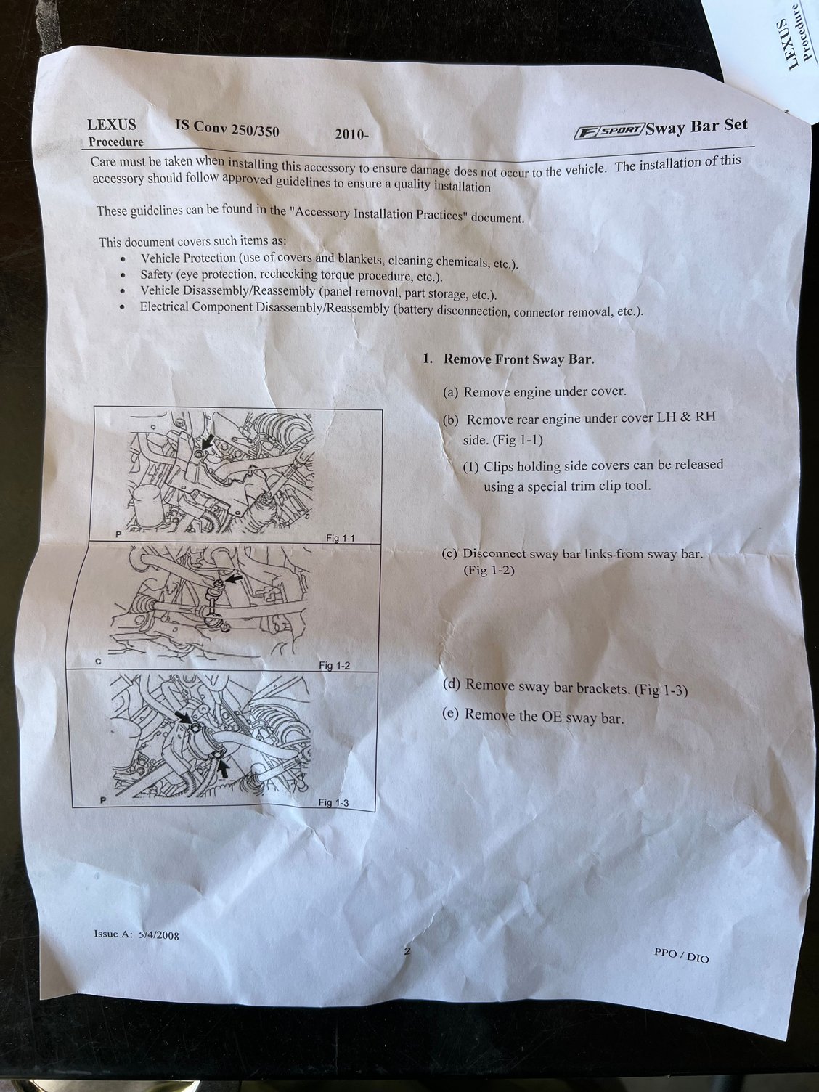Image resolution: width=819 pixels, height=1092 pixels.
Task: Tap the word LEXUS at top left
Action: click(111, 124)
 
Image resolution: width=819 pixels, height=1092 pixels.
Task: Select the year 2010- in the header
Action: click(351, 134)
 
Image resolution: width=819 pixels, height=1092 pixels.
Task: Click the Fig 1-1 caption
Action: click(340, 538)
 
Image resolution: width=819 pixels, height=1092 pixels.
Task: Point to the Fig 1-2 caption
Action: click(334, 665)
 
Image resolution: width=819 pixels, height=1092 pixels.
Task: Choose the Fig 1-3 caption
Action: click(333, 802)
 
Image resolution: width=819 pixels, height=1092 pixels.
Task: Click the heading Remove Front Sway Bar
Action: click(518, 359)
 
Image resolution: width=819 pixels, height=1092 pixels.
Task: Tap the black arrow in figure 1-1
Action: click(208, 441)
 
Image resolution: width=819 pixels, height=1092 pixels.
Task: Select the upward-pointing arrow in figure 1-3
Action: click(224, 770)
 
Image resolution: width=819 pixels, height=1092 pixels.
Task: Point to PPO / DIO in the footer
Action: click(681, 955)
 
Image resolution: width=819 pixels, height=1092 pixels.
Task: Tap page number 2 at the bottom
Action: click(407, 950)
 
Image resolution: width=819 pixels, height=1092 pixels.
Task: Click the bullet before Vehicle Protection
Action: click(122, 258)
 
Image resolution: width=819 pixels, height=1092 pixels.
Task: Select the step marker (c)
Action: click(449, 554)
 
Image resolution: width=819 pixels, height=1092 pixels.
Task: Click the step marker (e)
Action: click(451, 714)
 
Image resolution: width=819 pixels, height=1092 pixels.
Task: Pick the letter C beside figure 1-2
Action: click(98, 662)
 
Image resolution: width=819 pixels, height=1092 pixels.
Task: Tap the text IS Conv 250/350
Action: click(227, 128)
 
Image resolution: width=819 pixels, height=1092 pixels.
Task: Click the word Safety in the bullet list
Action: click(156, 274)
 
